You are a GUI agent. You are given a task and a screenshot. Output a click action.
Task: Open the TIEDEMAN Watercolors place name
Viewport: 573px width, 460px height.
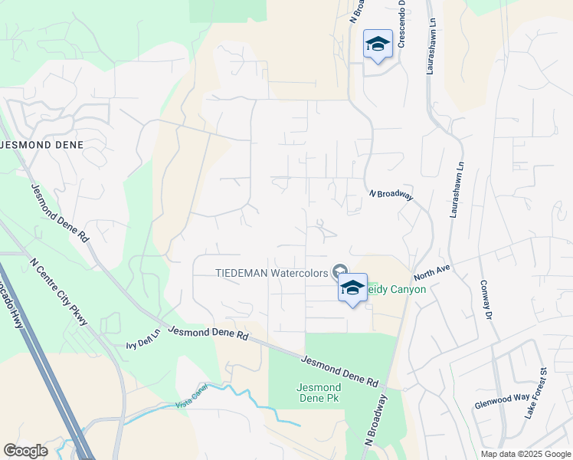click(x=271, y=271)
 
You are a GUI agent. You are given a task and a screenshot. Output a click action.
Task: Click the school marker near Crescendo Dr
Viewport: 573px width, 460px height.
click(x=378, y=44)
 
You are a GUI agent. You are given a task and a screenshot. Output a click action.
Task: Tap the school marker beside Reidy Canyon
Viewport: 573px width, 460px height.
click(x=352, y=288)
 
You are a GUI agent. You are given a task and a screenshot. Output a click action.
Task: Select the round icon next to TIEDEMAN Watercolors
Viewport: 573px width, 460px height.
click(x=338, y=271)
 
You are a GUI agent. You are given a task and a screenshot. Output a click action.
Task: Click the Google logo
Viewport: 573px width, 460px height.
click(x=25, y=450)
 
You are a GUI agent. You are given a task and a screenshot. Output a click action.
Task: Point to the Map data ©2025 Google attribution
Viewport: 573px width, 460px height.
click(x=525, y=454)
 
